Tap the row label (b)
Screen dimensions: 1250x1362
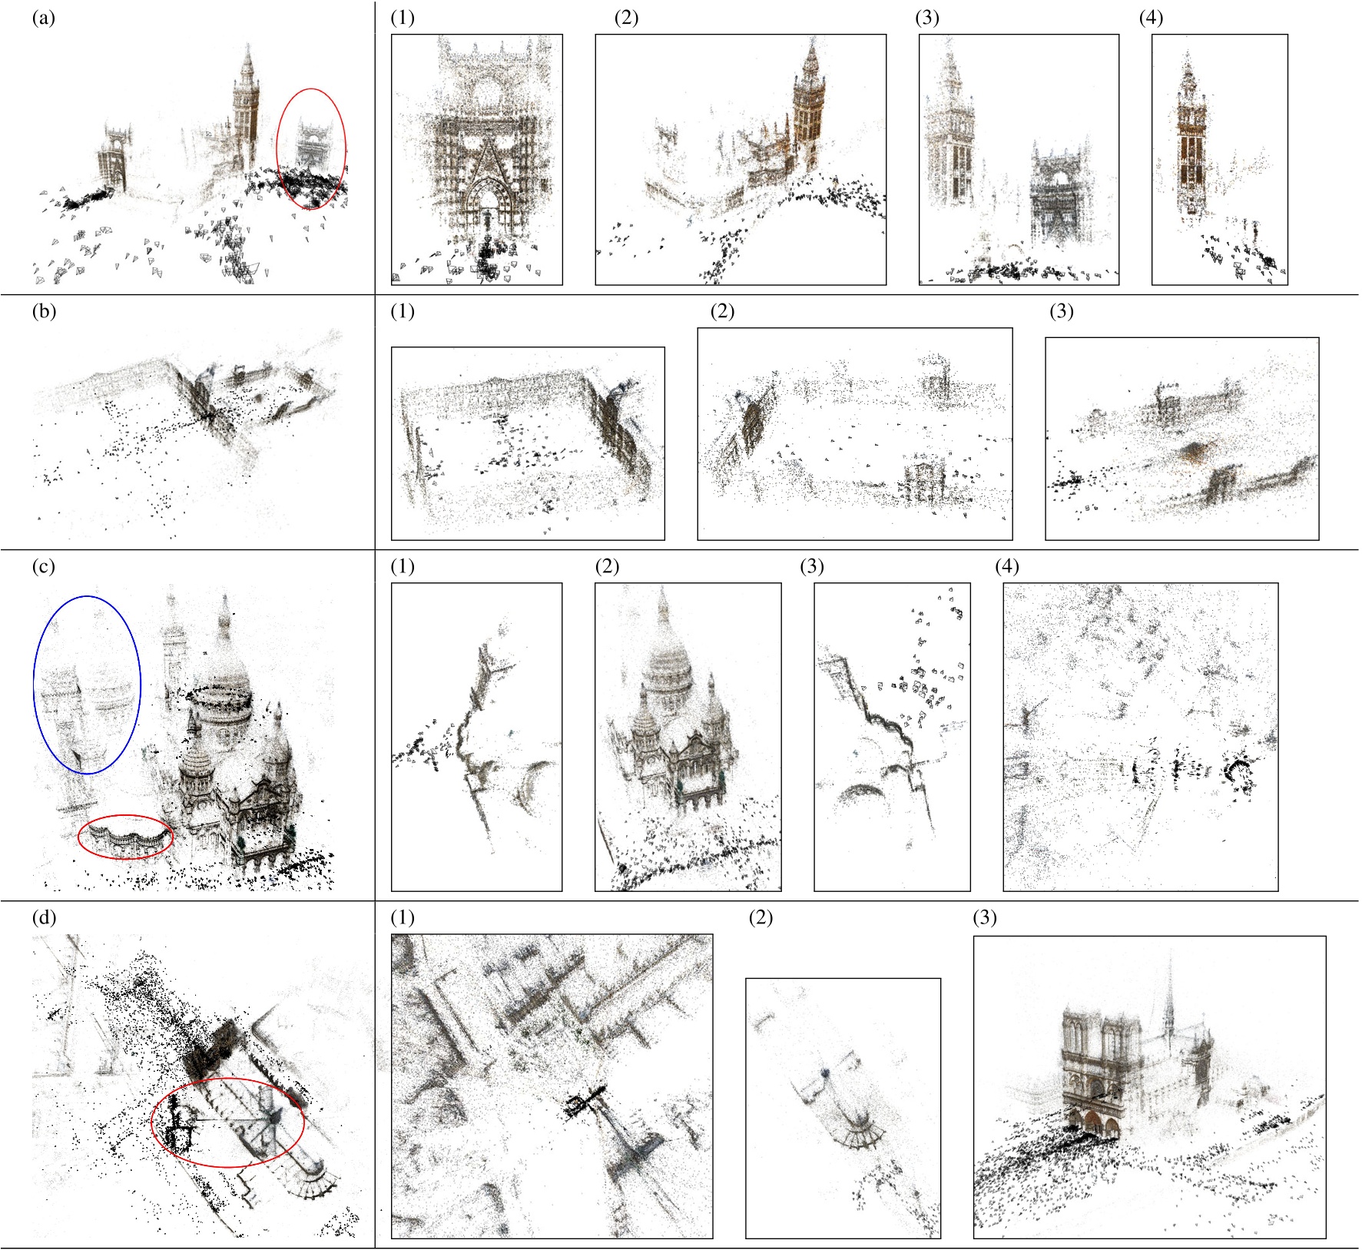click(x=44, y=312)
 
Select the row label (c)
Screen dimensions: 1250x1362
click(x=44, y=567)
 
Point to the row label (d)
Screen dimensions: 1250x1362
click(x=44, y=917)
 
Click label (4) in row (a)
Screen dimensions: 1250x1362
click(x=1151, y=18)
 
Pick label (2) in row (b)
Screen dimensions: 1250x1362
click(x=722, y=312)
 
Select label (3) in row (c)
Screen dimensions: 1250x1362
click(x=811, y=567)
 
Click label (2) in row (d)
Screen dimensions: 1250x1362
click(x=760, y=917)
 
